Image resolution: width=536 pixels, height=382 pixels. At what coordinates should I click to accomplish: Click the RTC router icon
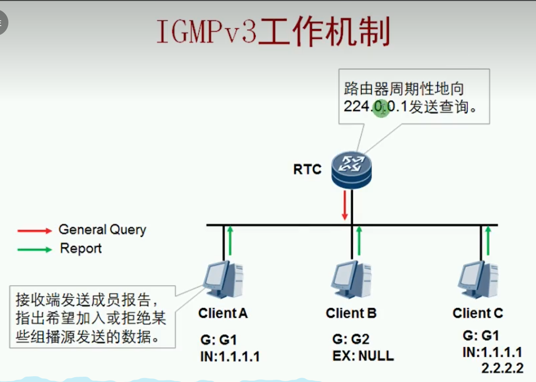pos(351,170)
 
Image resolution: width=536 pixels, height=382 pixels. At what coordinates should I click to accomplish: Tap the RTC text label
pos(307,170)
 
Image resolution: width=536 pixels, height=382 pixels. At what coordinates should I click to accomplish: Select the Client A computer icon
pos(223,280)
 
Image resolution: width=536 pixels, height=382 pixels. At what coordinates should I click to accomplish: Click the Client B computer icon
pos(351,280)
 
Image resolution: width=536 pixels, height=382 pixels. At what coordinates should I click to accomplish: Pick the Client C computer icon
pos(478,280)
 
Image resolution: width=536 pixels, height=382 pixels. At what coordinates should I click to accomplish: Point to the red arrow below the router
pos(345,205)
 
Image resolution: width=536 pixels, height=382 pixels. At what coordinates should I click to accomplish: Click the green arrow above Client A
pos(230,241)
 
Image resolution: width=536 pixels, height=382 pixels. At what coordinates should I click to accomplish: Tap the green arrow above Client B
pos(359,241)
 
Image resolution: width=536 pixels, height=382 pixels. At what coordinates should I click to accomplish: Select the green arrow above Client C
pos(488,241)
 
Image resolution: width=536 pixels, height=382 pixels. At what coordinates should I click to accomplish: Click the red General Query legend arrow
pos(35,231)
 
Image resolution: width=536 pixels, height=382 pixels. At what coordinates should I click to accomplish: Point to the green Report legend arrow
pos(35,250)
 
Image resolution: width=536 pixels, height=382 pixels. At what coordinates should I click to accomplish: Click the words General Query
pos(102,230)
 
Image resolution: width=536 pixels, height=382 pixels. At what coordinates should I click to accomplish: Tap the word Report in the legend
pos(81,249)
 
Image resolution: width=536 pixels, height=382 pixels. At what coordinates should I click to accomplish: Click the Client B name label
pos(351,313)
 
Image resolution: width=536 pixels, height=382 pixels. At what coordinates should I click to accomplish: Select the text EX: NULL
pos(363,356)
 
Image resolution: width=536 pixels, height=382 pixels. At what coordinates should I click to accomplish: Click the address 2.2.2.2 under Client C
pos(502,368)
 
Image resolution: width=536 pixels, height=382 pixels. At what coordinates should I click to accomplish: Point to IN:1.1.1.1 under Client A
pos(230,357)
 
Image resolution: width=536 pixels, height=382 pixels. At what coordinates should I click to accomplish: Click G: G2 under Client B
pos(351,339)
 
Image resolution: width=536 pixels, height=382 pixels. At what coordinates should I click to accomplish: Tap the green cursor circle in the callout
pos(381,109)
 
